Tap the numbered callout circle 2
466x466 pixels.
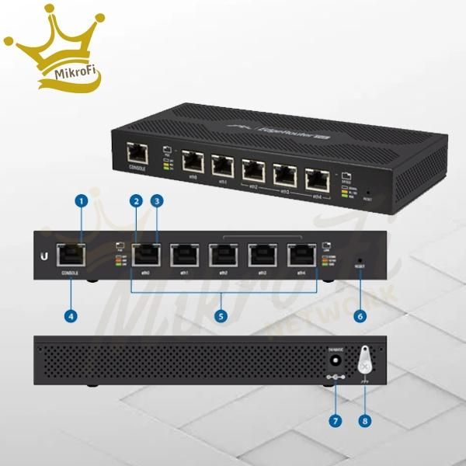pos(136,200)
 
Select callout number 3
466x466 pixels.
pos(158,200)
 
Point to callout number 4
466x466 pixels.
pos(71,316)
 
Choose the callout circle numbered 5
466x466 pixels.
pos(221,316)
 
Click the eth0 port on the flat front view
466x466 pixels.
pos(144,256)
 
